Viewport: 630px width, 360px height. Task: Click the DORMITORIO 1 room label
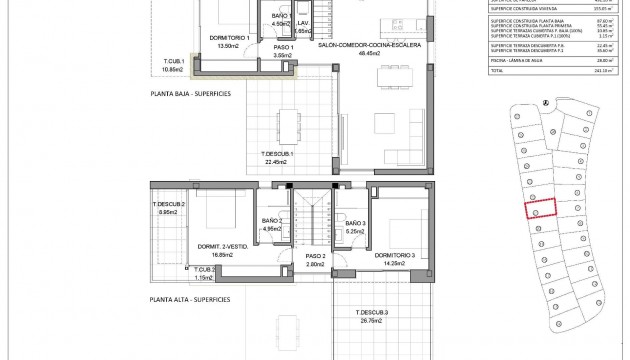[x=229, y=37]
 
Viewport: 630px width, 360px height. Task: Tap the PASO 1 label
[x=282, y=46]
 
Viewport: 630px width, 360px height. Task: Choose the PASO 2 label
[x=317, y=256]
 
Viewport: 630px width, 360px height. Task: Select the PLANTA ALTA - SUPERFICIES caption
[x=189, y=299]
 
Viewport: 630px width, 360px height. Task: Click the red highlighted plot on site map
[x=540, y=211]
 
